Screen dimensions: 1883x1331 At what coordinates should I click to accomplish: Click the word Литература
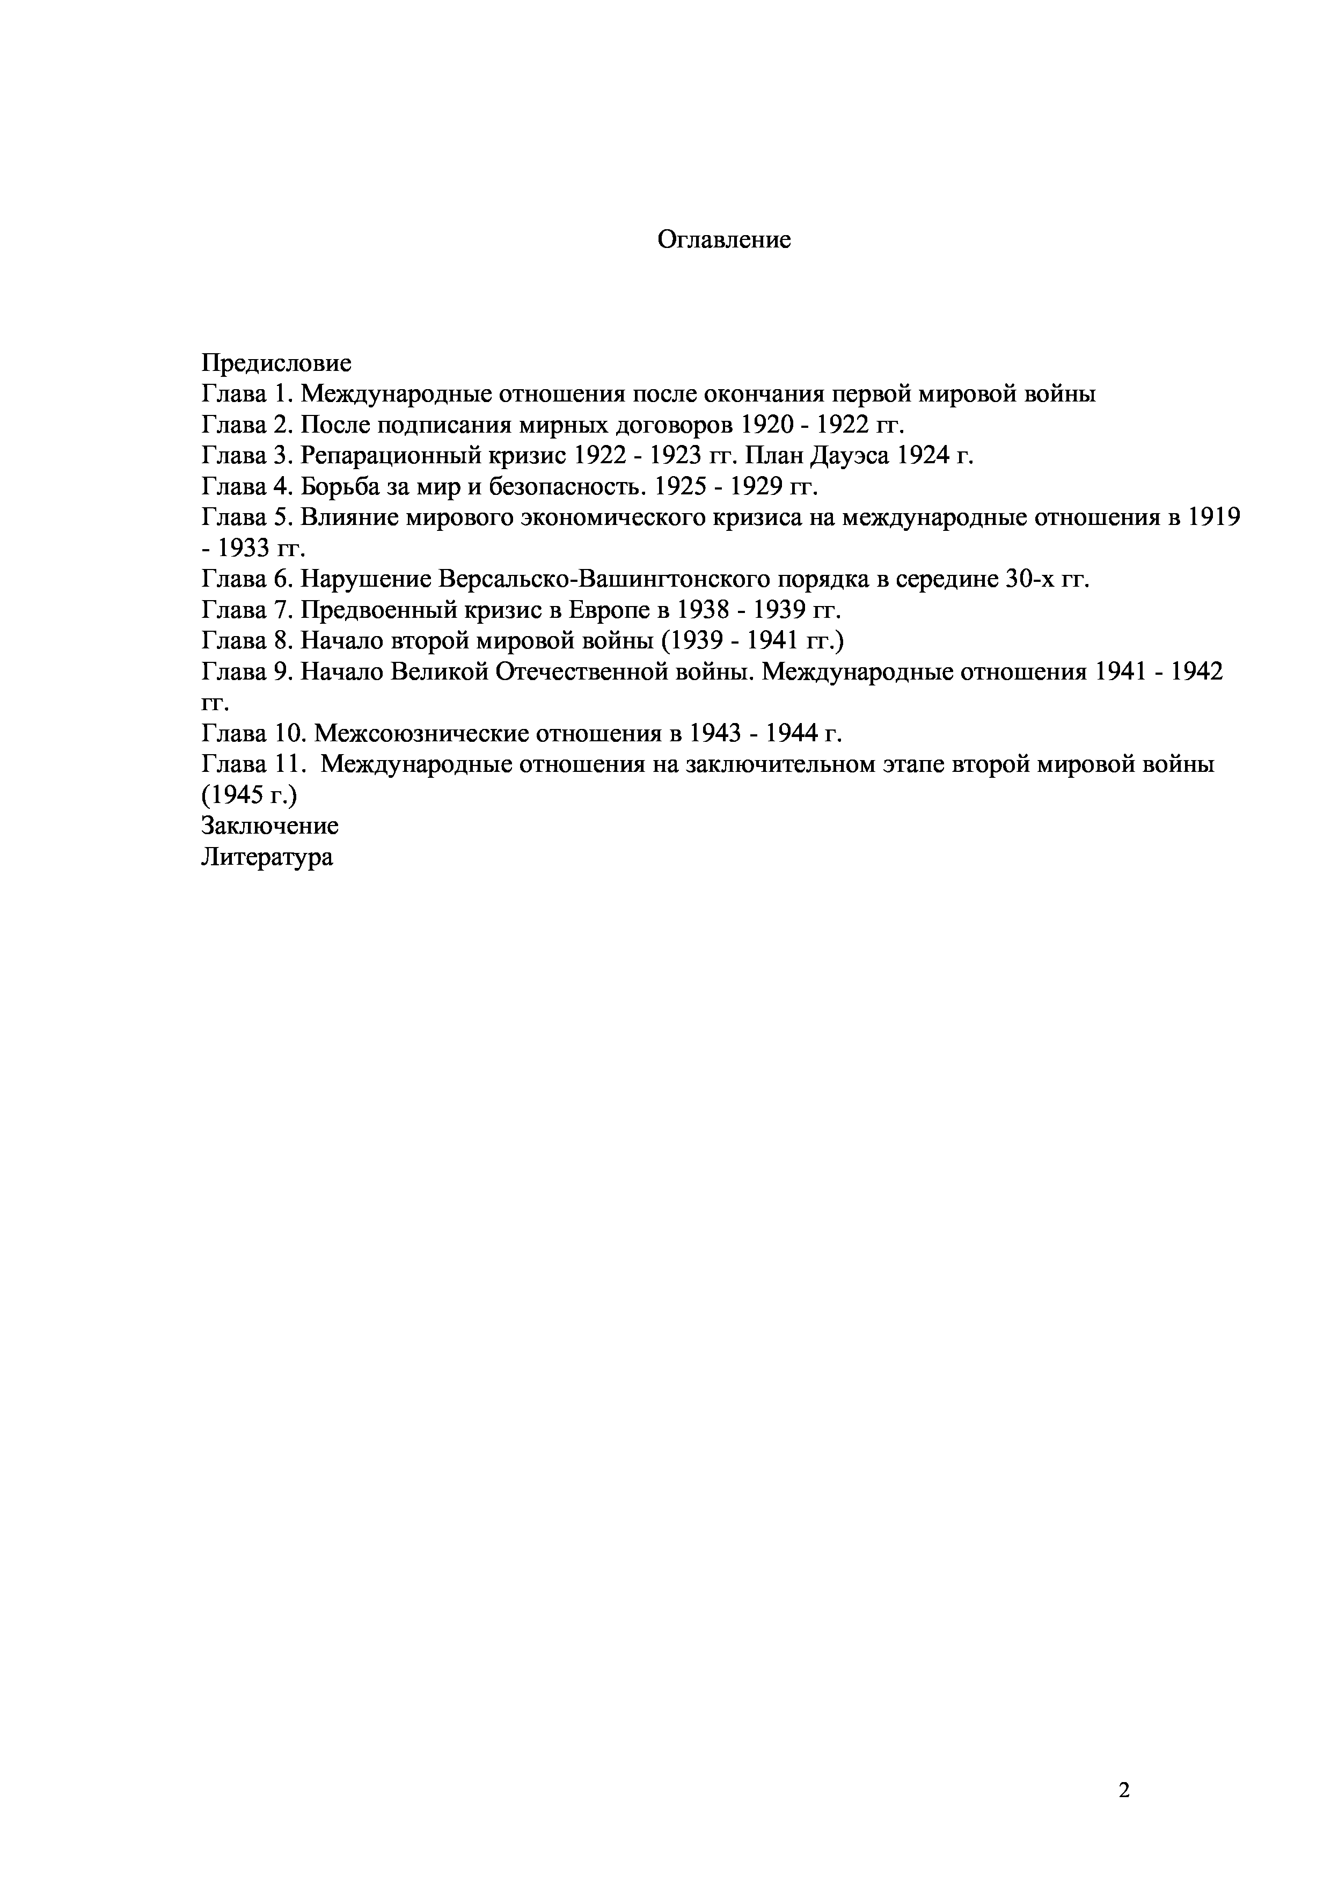pos(267,857)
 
